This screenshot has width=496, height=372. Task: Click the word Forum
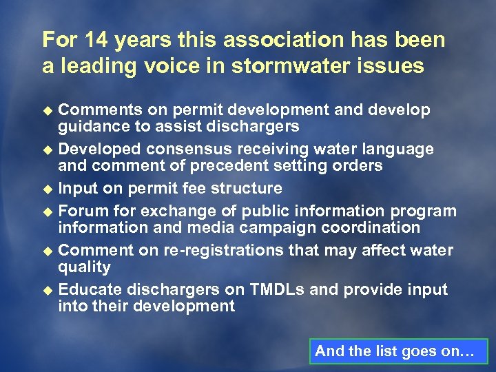click(83, 211)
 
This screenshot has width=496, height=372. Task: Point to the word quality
click(84, 267)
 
